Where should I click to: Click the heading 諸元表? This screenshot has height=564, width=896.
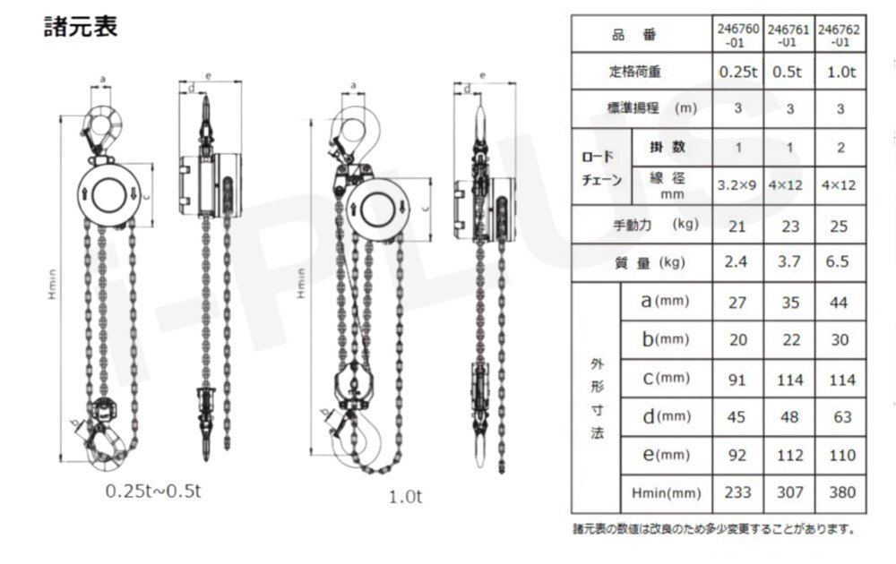[81, 27]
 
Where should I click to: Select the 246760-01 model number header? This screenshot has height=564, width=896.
[737, 35]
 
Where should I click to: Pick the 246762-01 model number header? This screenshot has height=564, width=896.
[840, 35]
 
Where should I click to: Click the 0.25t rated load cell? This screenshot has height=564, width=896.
[737, 72]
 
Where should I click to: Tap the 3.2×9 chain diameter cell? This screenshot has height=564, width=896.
[737, 185]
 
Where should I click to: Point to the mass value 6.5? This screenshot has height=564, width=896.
[840, 263]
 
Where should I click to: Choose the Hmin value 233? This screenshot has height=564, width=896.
[737, 491]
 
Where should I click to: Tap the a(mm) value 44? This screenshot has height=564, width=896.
[840, 303]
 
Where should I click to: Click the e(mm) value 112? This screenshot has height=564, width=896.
[790, 455]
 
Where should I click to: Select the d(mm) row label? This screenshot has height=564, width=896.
[666, 416]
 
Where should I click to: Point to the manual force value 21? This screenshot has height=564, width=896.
[737, 226]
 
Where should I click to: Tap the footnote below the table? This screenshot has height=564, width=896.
[713, 529]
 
